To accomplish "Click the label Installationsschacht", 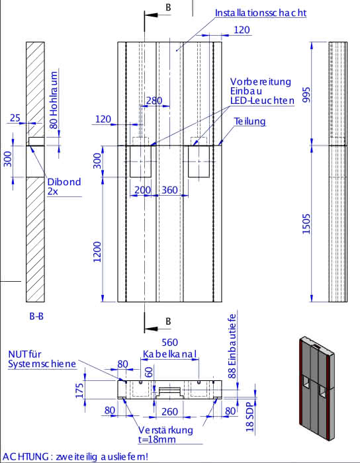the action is [261, 13].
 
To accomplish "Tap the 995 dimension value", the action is [306, 95].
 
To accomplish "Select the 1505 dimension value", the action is [306, 224].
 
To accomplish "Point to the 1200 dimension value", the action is [97, 252].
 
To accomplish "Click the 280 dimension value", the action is [154, 101].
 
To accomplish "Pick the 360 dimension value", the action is [169, 190].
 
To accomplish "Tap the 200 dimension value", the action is [143, 190].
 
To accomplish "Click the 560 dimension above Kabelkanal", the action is [170, 342].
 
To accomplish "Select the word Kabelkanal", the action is [170, 354].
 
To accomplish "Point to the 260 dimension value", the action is [170, 411].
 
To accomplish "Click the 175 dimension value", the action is [79, 390].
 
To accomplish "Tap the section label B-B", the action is [36, 316].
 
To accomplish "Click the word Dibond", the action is [64, 182].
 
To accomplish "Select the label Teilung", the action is [250, 121].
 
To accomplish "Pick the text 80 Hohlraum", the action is [54, 100].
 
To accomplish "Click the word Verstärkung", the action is [165, 430].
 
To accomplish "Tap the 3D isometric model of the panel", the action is [317, 388].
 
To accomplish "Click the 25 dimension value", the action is [15, 118].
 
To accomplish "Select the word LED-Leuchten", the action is [262, 101].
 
